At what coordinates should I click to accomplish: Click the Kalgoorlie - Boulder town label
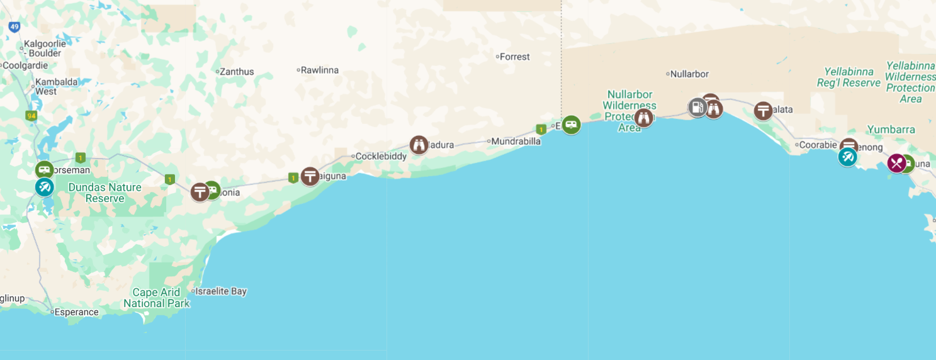(x=42, y=49)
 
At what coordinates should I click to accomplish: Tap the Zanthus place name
(x=236, y=72)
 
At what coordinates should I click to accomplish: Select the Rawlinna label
(x=319, y=70)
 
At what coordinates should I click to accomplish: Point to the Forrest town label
(x=514, y=57)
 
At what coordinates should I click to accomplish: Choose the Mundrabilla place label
(x=516, y=141)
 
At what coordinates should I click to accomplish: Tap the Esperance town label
(x=76, y=312)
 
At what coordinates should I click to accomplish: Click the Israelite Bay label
(x=220, y=291)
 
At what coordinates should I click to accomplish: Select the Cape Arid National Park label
(x=157, y=298)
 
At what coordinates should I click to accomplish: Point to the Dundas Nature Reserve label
(x=104, y=193)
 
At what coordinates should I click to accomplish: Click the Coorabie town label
(x=818, y=145)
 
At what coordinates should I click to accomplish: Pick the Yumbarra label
(x=891, y=130)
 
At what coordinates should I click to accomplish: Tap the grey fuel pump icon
(x=697, y=108)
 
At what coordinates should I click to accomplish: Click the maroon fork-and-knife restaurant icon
(x=896, y=164)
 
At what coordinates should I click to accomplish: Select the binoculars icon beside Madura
(x=419, y=145)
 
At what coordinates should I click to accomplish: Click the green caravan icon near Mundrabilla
(x=571, y=125)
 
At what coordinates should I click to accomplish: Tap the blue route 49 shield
(x=14, y=27)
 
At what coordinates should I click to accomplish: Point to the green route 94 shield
(x=30, y=116)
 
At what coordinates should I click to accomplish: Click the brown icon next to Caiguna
(x=310, y=176)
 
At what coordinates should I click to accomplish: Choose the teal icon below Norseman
(x=44, y=187)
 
